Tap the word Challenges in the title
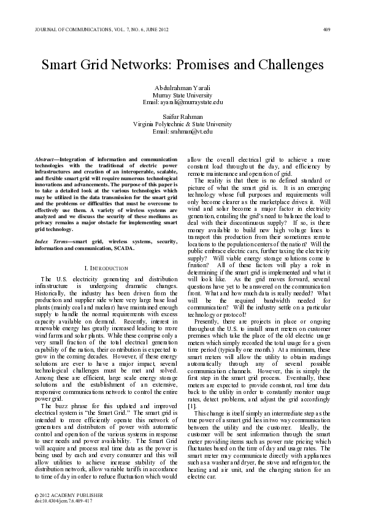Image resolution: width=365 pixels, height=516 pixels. tap(283, 64)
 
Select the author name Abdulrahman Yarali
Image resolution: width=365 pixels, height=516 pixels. tap(182, 88)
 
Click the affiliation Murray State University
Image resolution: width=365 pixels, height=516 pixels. tap(182, 95)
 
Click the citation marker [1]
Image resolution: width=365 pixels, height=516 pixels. tap(192, 406)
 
